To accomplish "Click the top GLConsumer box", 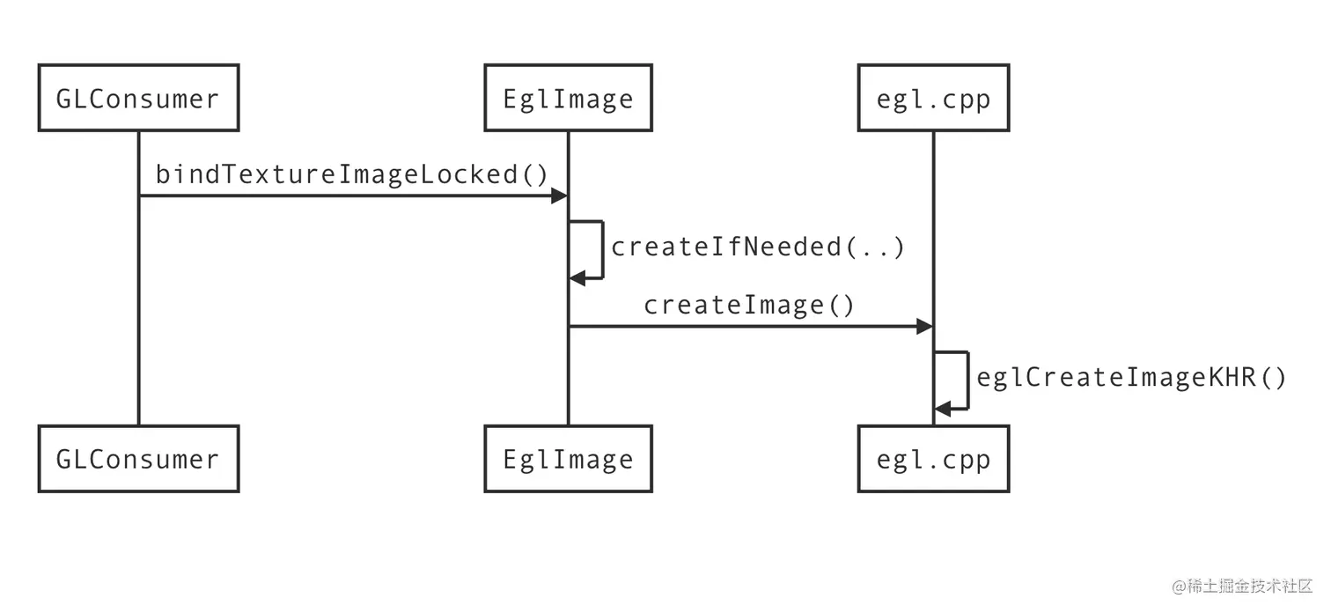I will (138, 98).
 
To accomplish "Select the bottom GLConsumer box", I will (138, 459).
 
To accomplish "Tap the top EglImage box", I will (568, 98).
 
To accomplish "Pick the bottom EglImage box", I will (568, 459).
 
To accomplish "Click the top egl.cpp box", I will (933, 98).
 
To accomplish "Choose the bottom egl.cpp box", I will (933, 459).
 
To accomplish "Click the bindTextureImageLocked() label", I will (352, 174).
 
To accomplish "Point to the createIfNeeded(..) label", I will (758, 247).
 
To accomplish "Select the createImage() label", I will (749, 306).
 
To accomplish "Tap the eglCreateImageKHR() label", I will (1132, 378).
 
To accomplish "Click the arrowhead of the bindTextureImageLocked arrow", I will (559, 196).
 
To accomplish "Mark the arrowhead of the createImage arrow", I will (924, 327).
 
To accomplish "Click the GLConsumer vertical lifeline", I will (138, 308).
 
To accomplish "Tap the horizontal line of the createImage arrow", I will (748, 327).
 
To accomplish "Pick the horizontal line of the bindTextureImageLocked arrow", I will (352, 196).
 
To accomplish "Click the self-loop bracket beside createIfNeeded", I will (602, 250).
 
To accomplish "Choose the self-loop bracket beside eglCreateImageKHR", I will (967, 380).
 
